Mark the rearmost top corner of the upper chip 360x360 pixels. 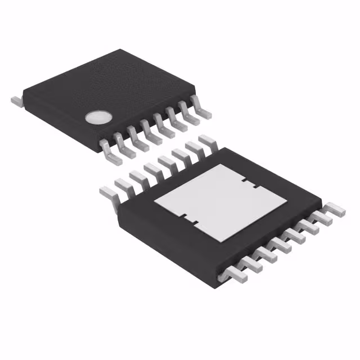pyautogui.click(x=125, y=51)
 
